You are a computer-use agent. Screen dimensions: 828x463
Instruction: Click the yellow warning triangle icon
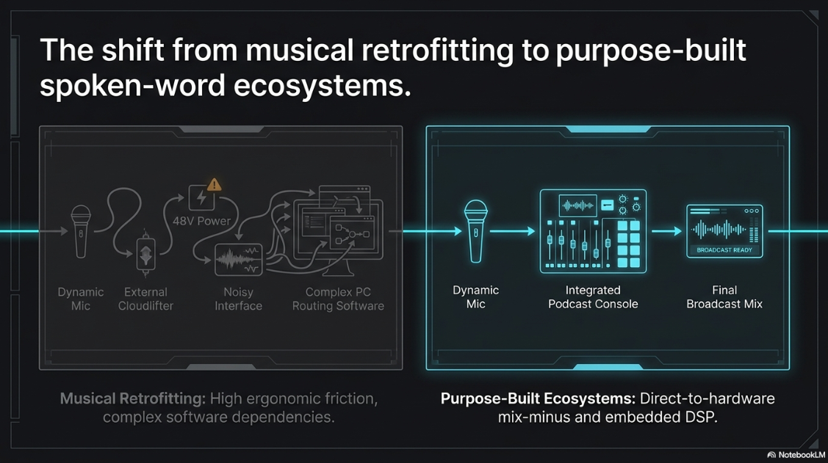click(214, 185)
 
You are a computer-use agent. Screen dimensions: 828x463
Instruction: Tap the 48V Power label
click(202, 221)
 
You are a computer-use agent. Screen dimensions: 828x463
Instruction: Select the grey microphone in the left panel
click(81, 232)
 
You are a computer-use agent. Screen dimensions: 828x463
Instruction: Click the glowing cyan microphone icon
click(475, 231)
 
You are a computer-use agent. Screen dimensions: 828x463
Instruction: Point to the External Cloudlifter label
click(145, 299)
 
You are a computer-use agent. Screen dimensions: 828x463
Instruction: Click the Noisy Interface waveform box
click(239, 260)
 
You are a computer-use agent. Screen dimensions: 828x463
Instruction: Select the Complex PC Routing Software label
click(338, 299)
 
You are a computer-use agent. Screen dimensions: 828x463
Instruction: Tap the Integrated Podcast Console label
click(593, 297)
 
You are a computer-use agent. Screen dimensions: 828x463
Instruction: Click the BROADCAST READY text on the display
click(724, 250)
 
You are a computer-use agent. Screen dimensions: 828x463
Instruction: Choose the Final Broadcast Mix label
click(724, 297)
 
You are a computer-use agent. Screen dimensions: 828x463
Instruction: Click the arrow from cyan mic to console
click(512, 231)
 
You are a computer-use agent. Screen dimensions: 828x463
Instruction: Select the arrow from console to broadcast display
click(666, 231)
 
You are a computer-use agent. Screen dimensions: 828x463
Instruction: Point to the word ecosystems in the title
click(322, 85)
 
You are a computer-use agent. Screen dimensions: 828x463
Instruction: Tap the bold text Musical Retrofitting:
click(132, 398)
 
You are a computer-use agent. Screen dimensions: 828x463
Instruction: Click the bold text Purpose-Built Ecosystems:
click(538, 398)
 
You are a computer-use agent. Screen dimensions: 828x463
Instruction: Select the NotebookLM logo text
click(802, 455)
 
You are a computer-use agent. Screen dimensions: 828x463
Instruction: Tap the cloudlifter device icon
click(145, 253)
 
